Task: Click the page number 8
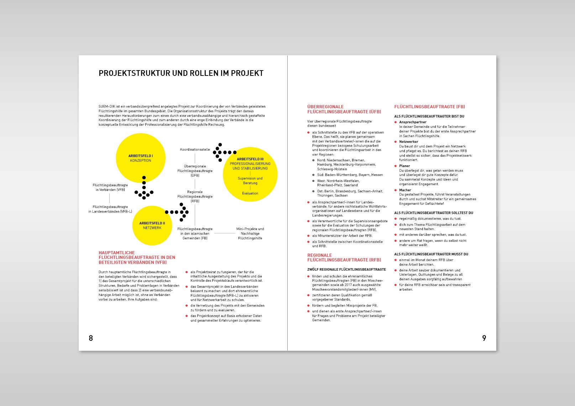tap(91, 338)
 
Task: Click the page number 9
tap(484, 338)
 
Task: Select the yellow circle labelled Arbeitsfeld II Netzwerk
tap(152, 225)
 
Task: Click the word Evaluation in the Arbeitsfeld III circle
tap(250, 193)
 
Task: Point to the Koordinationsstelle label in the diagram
tap(195, 150)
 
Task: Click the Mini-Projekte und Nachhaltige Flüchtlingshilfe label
tap(250, 234)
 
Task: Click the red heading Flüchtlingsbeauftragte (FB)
tap(429, 106)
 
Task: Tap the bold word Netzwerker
tap(409, 142)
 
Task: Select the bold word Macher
tap(405, 190)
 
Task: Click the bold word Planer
tap(404, 166)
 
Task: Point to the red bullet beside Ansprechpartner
tap(396, 122)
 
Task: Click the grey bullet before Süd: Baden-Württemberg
tap(313, 175)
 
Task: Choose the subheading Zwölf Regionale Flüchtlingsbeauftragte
tap(346, 270)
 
